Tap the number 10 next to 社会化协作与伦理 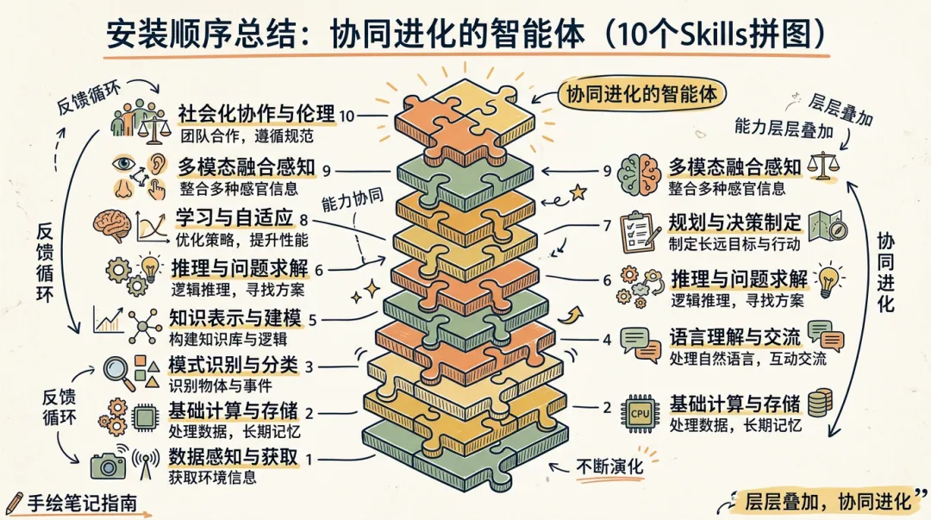(x=347, y=116)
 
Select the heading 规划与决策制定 (x=735, y=222)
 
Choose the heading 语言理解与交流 (x=735, y=335)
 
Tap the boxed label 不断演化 (x=610, y=467)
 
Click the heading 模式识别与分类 (x=234, y=366)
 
